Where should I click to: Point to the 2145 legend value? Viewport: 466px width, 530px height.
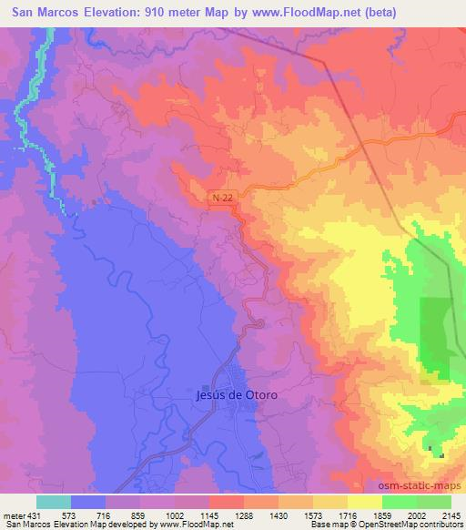449,515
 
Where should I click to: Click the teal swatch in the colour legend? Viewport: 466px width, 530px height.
53,502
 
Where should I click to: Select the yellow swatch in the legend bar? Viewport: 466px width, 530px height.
364,502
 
